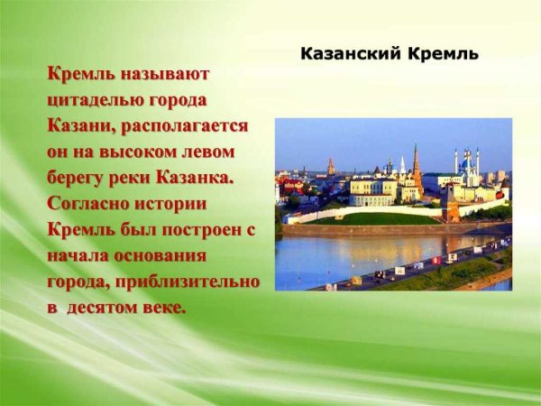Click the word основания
[165, 255]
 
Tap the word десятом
[100, 308]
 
